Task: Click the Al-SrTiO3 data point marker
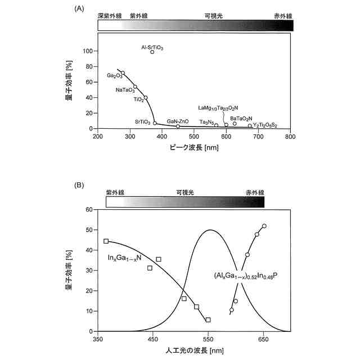pyautogui.click(x=152, y=52)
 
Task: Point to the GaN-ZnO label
pyautogui.click(x=178, y=121)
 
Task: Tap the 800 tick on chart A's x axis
pyautogui.click(x=290, y=137)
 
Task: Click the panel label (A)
pyautogui.click(x=80, y=10)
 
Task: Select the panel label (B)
pyautogui.click(x=80, y=184)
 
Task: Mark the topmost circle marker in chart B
pyautogui.click(x=264, y=226)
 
